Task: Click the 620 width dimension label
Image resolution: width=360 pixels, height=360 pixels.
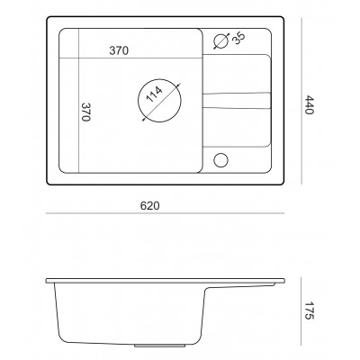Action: (x=149, y=206)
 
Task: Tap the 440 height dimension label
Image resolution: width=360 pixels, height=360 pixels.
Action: (x=309, y=104)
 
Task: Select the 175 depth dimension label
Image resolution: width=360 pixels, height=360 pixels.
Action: (x=309, y=310)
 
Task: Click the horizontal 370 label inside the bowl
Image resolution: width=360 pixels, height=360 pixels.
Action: (x=119, y=50)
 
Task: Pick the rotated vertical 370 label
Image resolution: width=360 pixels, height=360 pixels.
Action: (x=86, y=112)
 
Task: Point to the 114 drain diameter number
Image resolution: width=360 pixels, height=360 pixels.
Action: (x=154, y=94)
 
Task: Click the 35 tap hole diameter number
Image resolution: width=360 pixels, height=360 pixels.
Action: (x=238, y=38)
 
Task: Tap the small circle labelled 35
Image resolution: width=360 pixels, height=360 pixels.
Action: (x=221, y=41)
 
